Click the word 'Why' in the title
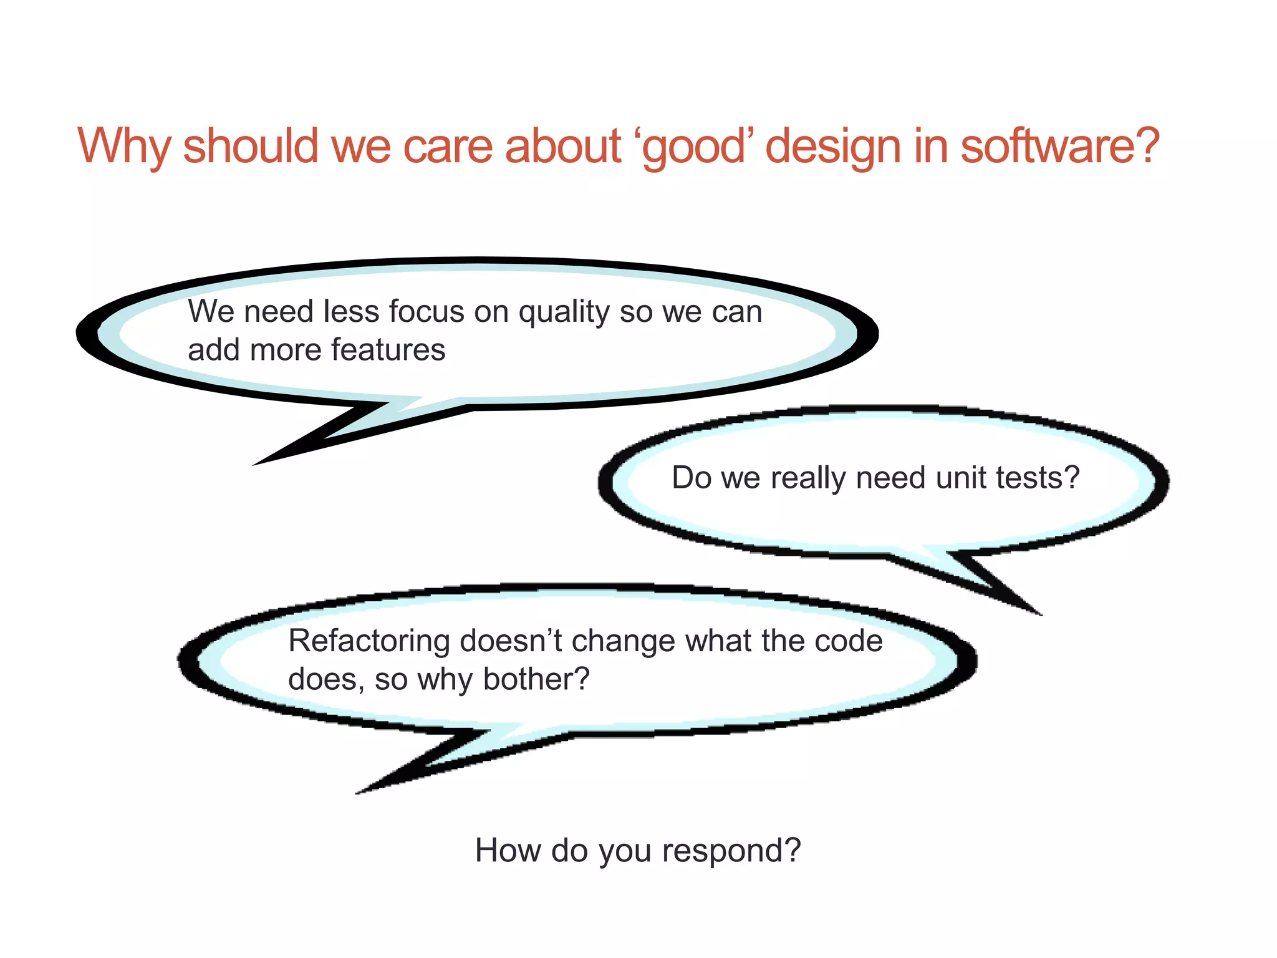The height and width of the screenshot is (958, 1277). [x=123, y=147]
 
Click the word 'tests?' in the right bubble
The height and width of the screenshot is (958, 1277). [x=1038, y=478]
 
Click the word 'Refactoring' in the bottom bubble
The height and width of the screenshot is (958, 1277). [x=369, y=642]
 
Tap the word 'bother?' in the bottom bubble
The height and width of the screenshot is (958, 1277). [x=536, y=679]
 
